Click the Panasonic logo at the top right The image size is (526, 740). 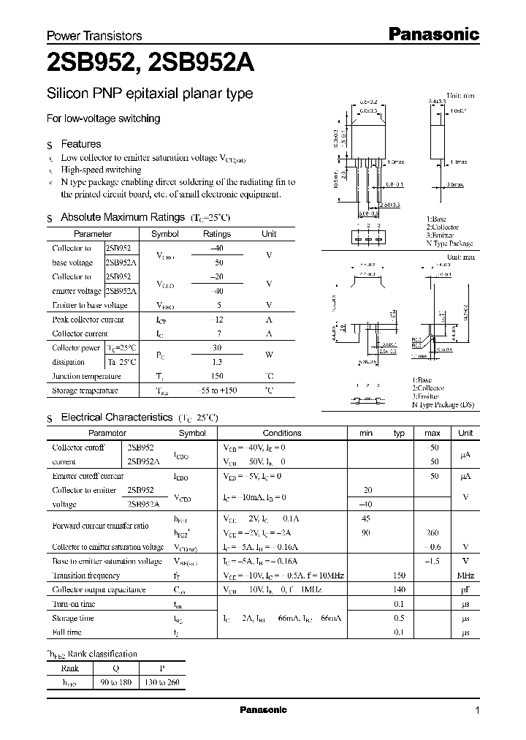tap(432, 34)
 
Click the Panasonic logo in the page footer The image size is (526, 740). tap(263, 710)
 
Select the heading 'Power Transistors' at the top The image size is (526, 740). tap(94, 36)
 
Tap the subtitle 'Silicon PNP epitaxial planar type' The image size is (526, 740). tap(150, 94)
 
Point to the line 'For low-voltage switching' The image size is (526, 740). tap(103, 118)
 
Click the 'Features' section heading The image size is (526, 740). tap(81, 144)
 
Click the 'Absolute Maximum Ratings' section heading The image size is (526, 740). tap(122, 217)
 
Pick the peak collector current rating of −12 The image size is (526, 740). tap(216, 320)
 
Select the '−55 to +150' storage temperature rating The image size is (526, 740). tap(216, 390)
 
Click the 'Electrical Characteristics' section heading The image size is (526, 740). tap(116, 418)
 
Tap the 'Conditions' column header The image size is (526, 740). tap(281, 433)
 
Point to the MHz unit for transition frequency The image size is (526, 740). tap(465, 575)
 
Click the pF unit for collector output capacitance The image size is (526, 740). tap(465, 589)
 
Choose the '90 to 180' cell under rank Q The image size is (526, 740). tap(117, 682)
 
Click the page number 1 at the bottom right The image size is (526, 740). tap(477, 711)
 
